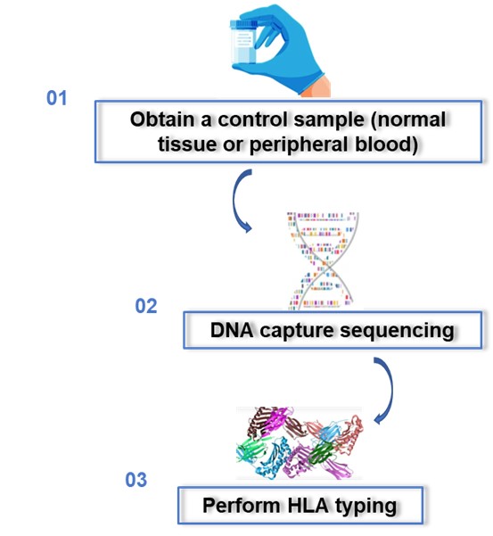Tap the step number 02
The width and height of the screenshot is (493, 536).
click(146, 306)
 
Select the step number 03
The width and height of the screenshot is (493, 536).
click(136, 481)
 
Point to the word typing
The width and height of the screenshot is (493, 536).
click(365, 506)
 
